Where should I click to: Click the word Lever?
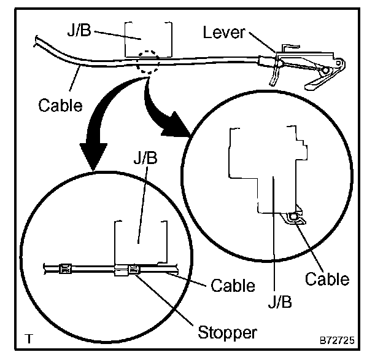pos(224,33)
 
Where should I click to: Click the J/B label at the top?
pos(79,30)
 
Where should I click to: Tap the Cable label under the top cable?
pos(60,105)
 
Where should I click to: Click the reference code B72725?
pos(337,340)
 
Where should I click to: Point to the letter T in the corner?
pos(29,338)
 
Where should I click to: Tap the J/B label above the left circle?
pos(145,158)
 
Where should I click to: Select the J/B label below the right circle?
pos(280,302)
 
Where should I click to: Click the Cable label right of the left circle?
pos(233,285)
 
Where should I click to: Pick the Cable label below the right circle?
pos(327,279)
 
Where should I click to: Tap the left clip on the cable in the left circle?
pos(65,269)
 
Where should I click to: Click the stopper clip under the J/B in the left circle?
pos(134,269)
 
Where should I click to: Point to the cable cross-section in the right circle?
pos(293,216)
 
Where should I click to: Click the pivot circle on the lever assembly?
pos(325,71)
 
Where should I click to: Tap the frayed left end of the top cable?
pos(36,41)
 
